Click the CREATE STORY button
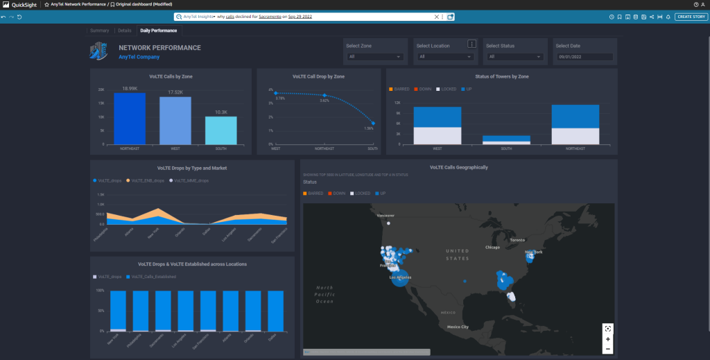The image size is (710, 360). pyautogui.click(x=691, y=17)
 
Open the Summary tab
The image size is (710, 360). pyautogui.click(x=99, y=31)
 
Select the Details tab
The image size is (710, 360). pyautogui.click(x=125, y=31)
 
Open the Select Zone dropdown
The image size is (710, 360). pyautogui.click(x=375, y=57)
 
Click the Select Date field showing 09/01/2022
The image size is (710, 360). pyautogui.click(x=584, y=57)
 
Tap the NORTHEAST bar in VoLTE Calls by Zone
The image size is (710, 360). pyautogui.click(x=130, y=118)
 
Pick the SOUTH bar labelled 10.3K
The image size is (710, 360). pyautogui.click(x=221, y=130)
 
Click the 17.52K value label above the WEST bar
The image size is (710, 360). pyautogui.click(x=175, y=92)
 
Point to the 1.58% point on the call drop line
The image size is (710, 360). pyautogui.click(x=373, y=123)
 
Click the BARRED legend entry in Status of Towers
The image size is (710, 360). pyautogui.click(x=401, y=89)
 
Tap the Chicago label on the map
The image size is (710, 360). pyautogui.click(x=493, y=247)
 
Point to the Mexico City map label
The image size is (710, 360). pyautogui.click(x=458, y=326)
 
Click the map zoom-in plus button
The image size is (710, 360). pyautogui.click(x=607, y=339)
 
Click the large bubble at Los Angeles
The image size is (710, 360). pyautogui.click(x=400, y=280)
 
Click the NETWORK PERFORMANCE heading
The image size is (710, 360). pyautogui.click(x=159, y=48)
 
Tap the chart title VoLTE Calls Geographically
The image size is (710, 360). pyautogui.click(x=458, y=167)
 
